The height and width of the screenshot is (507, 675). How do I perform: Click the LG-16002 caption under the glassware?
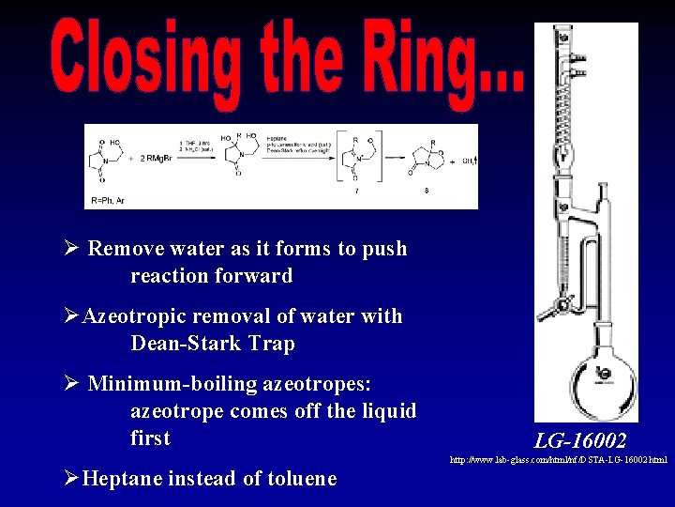pyautogui.click(x=580, y=440)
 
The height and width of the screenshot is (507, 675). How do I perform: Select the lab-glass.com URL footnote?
pyautogui.click(x=559, y=460)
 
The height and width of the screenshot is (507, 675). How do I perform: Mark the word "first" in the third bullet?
pyautogui.click(x=150, y=438)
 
